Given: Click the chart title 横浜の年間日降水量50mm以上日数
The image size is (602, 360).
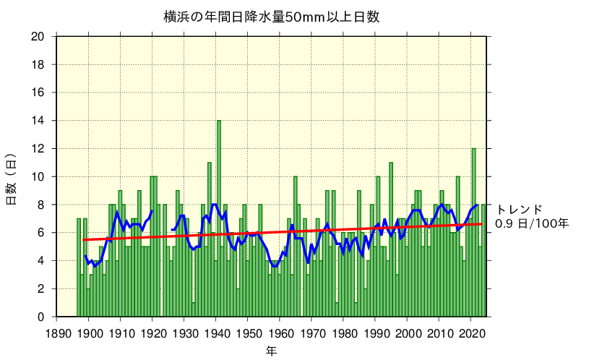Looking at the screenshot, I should tap(271, 16).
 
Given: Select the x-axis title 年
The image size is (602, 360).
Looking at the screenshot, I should tap(271, 351).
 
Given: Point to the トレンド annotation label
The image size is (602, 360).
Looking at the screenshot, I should tap(518, 209).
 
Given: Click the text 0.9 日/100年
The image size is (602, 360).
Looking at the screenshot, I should tap(532, 223).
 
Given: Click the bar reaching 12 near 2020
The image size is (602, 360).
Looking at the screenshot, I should tap(474, 231).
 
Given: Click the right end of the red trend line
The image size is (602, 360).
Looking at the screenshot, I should tap(481, 224).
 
